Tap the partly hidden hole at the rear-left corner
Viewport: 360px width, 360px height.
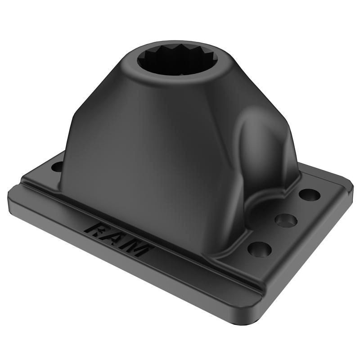[x=57, y=166]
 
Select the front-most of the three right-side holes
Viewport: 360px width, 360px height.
[x=260, y=250]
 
